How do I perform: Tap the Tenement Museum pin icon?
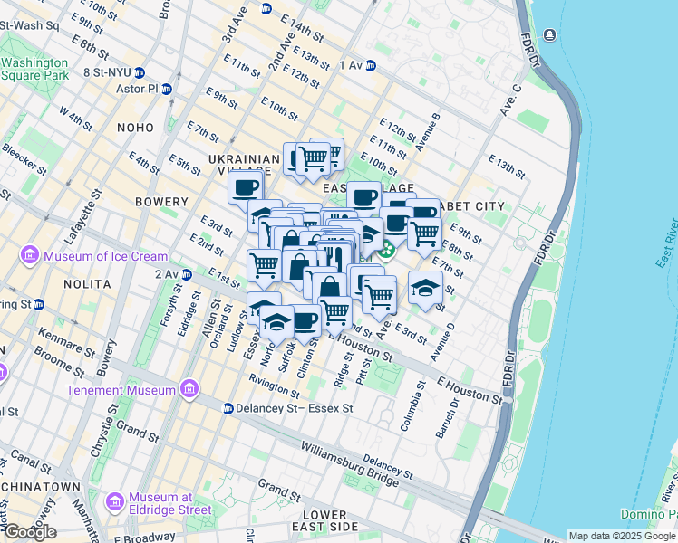(x=189, y=390)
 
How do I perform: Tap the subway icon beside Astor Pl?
(x=167, y=90)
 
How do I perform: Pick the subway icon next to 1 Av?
(x=370, y=65)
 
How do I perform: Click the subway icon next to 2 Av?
(x=186, y=274)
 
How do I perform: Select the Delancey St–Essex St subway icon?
(x=228, y=409)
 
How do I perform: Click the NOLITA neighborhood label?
(x=87, y=283)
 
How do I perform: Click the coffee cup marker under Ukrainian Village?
(x=245, y=188)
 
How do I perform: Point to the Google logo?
(x=30, y=532)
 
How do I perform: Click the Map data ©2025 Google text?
(x=622, y=536)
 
